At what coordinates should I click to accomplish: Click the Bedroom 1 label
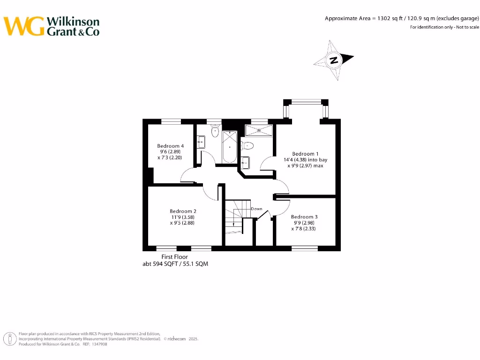305,154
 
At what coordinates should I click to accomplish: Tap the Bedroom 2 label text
183,211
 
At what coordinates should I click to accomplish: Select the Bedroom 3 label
304,217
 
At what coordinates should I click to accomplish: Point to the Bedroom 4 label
170,146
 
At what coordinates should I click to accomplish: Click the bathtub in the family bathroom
230,146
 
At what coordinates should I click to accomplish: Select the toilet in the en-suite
247,145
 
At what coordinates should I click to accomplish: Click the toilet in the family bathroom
215,131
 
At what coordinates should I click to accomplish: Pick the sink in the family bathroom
201,142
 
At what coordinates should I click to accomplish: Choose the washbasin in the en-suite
245,163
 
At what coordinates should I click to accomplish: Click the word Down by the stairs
256,209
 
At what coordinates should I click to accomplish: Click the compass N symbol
333,60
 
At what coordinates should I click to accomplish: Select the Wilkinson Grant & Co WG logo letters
24,26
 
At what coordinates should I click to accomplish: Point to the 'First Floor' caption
174,257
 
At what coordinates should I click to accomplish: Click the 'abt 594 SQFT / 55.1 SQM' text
175,264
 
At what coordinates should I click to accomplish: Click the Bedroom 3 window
305,248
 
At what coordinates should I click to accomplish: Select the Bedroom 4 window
171,121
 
